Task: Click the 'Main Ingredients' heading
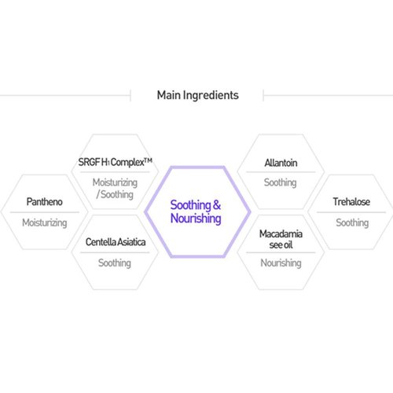tap(198, 95)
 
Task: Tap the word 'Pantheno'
tap(45, 202)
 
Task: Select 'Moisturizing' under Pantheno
tap(45, 223)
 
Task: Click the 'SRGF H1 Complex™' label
tap(116, 162)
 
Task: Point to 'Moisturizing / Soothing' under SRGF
tap(115, 189)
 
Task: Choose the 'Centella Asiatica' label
tap(116, 242)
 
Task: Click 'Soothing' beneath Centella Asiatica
tap(115, 263)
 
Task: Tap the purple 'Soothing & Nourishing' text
tap(196, 211)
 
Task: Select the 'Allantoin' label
tap(281, 163)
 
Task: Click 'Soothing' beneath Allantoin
tap(281, 182)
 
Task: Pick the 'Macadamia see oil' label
tap(281, 239)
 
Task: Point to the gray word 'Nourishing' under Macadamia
tap(281, 263)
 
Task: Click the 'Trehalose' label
tap(351, 202)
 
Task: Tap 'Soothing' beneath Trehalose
tap(352, 223)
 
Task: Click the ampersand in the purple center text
tap(217, 205)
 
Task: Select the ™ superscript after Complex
tap(149, 160)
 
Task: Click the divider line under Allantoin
tap(281, 172)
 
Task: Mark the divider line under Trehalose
tap(351, 212)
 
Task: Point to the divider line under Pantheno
tap(45, 212)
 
